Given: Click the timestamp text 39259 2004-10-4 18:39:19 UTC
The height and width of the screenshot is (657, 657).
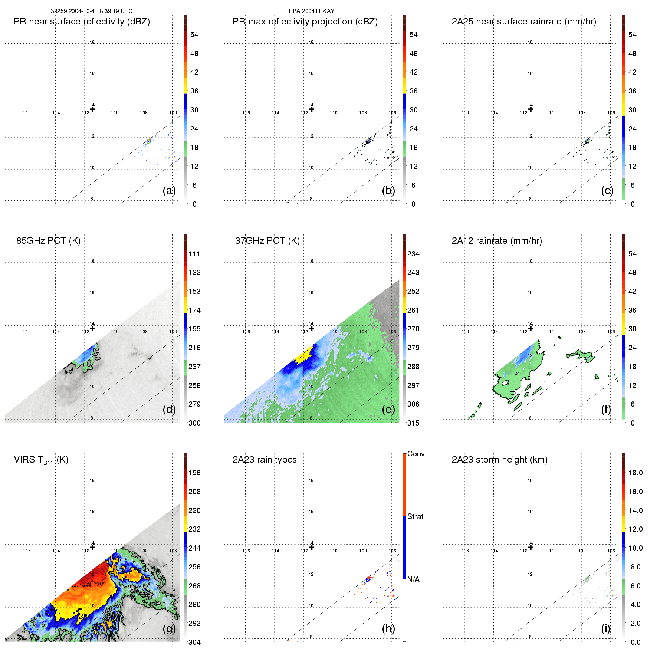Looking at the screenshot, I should point(91,11).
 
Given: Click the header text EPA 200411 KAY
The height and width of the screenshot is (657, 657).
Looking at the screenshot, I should point(311,11).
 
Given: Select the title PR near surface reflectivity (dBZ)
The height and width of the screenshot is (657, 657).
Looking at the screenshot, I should point(82,22).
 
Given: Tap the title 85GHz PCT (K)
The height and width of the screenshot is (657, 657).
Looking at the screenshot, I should point(48,241).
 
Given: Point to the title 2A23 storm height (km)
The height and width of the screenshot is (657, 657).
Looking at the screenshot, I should point(499,460).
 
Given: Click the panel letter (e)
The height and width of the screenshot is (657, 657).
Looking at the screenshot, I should point(388,409).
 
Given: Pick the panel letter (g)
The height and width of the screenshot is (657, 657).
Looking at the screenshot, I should point(169,628).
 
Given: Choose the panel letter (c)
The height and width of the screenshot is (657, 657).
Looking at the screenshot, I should point(607,190).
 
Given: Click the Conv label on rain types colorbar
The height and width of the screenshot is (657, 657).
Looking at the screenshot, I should point(416,454).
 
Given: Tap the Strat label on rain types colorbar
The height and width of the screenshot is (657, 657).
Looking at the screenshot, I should point(415,517).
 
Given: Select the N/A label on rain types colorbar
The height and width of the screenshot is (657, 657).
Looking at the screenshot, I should point(413,579).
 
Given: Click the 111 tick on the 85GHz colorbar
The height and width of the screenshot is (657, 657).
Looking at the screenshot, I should point(194,254).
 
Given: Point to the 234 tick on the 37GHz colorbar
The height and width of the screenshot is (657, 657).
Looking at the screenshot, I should point(413,254).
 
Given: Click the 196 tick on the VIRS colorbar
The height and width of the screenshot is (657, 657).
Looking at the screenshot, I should point(194,473).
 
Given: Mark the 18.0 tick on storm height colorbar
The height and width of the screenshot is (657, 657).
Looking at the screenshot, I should point(635,473).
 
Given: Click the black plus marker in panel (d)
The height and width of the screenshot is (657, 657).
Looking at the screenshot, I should point(93,328).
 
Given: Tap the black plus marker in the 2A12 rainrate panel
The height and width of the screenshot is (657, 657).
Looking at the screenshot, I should point(530,328).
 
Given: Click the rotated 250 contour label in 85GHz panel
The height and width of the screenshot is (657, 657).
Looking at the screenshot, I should point(96,353).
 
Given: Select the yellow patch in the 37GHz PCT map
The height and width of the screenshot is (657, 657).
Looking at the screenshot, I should point(305,355).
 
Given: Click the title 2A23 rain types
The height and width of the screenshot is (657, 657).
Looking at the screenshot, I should point(265,460).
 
